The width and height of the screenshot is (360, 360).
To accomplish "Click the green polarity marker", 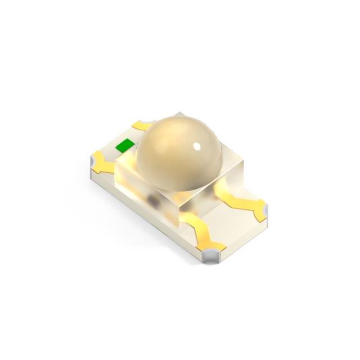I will coord(125,146).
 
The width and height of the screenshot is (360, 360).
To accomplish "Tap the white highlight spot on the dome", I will coord(197,147).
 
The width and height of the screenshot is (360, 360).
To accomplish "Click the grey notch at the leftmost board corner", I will coord(93,163).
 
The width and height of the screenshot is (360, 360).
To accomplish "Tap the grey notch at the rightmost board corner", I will coord(262,210).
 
